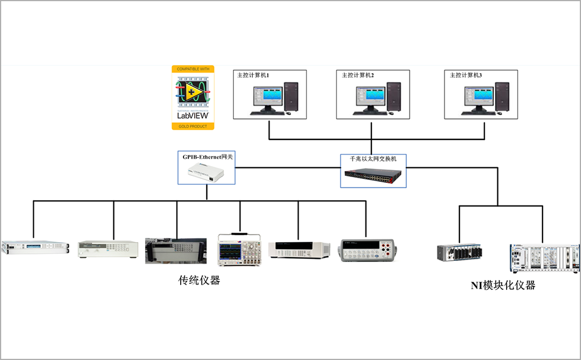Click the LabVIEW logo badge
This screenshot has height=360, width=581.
tap(193, 98)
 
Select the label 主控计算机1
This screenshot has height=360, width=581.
tap(253, 75)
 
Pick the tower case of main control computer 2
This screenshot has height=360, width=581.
tap(394, 97)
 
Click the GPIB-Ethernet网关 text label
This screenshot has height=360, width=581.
tap(206, 157)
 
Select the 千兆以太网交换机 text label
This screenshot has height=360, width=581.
tap(373, 158)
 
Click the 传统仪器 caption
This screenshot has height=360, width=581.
tap(199, 281)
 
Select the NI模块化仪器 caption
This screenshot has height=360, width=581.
tap(503, 285)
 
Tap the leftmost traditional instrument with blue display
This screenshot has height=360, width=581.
tap(35, 247)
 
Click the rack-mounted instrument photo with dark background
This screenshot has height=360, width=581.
tap(175, 250)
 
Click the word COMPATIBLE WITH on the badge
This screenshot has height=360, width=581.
tap(193, 69)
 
